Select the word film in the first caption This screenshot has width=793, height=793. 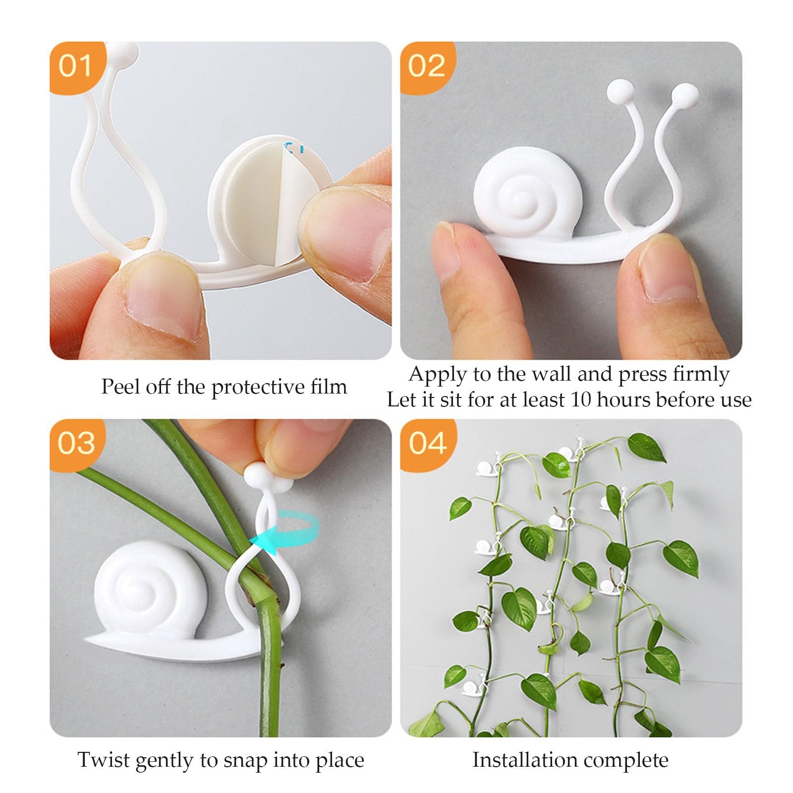click(x=329, y=386)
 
